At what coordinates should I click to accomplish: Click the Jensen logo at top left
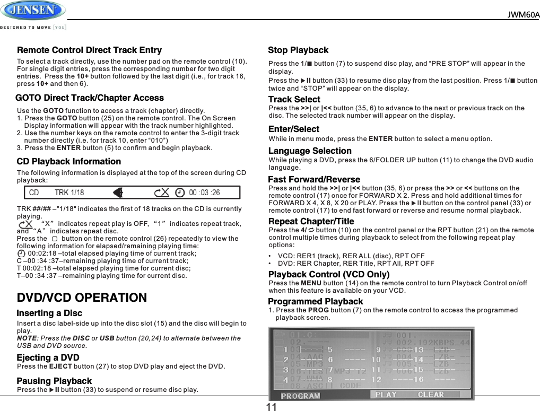tap(33, 11)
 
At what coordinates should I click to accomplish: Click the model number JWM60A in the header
tap(523, 14)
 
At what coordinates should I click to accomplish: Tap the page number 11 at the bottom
tap(272, 407)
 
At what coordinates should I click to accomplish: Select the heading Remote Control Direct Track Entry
tap(89, 50)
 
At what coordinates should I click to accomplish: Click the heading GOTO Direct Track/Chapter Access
tap(90, 98)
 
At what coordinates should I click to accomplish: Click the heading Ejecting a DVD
tap(48, 357)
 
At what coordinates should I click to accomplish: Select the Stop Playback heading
tap(298, 50)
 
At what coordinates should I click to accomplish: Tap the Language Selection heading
tap(310, 151)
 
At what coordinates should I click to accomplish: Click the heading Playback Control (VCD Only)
tap(328, 274)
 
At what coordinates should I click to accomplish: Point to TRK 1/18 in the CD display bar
tap(69, 193)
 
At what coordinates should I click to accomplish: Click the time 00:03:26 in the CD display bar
tap(204, 193)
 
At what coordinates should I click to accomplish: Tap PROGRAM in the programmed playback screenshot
tap(300, 396)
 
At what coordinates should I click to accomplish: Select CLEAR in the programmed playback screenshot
tap(431, 395)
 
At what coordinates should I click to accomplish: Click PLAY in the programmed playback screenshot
tap(386, 395)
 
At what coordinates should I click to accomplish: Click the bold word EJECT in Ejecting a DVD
tap(60, 366)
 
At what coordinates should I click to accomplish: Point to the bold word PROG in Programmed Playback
tap(318, 310)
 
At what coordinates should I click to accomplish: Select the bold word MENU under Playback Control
tap(311, 283)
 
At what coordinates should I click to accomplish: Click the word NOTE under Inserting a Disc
tap(27, 338)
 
